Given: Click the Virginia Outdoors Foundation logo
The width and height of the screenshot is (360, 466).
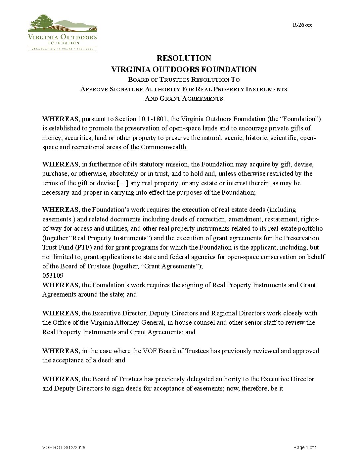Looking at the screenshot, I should pos(62,32).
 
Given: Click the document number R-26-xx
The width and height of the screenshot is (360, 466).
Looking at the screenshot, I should pos(302,25).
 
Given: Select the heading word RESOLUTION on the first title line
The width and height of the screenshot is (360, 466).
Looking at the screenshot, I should pos(184,58).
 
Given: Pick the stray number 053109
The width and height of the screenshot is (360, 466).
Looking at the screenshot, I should pos(53,275).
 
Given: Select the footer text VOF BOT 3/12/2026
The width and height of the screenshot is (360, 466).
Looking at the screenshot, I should pos(64,447).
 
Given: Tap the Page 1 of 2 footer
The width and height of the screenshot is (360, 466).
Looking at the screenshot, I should pos(305,447).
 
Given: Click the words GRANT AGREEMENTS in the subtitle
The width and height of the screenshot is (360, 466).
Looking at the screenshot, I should pos(191,98).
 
